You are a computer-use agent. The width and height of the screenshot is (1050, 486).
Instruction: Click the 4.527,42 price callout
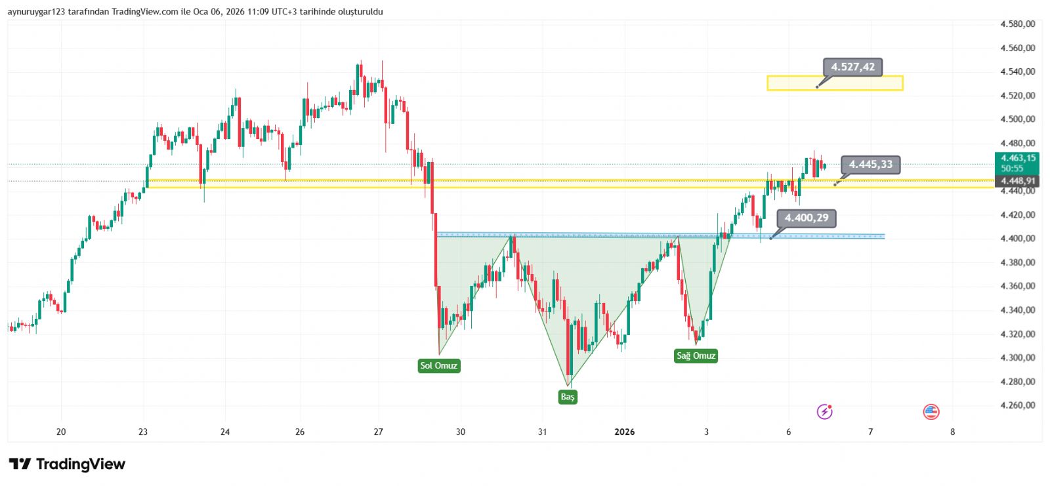[852, 67]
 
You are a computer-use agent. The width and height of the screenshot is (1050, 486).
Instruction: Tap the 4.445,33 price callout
[871, 165]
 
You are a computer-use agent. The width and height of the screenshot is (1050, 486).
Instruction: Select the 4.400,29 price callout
[807, 218]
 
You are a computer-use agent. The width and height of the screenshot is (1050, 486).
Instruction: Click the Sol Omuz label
[439, 365]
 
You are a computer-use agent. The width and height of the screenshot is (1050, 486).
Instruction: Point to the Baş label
[568, 397]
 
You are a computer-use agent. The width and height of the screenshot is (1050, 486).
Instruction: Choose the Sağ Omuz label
[696, 356]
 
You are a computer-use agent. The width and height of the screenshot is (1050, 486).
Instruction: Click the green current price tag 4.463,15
[1018, 158]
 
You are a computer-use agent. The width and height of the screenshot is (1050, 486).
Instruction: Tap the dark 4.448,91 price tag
[1018, 181]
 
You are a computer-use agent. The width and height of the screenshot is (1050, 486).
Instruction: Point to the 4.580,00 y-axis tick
[1017, 24]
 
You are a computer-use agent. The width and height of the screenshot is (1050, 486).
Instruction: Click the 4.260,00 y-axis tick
[1017, 405]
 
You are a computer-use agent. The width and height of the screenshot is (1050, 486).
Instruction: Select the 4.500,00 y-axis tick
[1017, 119]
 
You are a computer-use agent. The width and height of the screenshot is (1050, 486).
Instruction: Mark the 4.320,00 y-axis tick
[1017, 334]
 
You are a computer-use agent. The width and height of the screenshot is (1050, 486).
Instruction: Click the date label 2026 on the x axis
[624, 432]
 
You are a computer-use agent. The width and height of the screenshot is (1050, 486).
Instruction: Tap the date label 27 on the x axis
[378, 432]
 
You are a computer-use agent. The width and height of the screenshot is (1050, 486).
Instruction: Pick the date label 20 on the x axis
[61, 432]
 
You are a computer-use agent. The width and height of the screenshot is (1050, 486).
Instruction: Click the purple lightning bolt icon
[824, 412]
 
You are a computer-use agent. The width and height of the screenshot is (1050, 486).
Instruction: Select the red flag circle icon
[931, 412]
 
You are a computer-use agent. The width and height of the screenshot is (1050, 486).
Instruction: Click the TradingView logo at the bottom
[67, 464]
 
